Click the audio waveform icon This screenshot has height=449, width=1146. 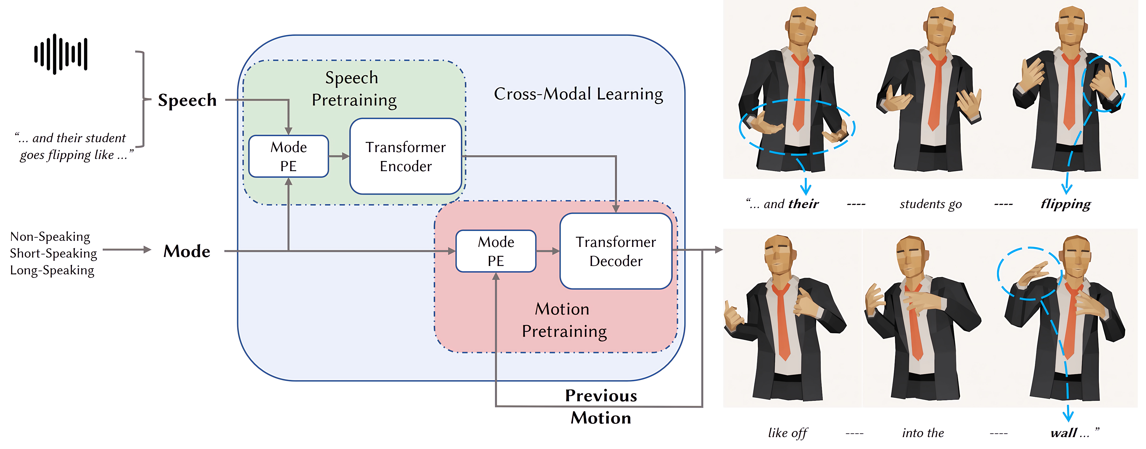pos(61,54)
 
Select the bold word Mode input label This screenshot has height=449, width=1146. pos(187,251)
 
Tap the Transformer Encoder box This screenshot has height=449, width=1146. pos(405,156)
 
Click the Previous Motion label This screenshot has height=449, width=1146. pos(601,406)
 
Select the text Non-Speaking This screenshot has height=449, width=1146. pos(50,236)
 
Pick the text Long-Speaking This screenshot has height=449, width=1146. pos(52,270)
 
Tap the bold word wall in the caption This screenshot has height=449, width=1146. pos(1064,433)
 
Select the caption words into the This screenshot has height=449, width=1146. pos(923,433)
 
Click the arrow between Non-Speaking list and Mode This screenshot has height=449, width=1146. pos(127,250)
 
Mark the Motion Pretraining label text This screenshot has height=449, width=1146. pos(564,320)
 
